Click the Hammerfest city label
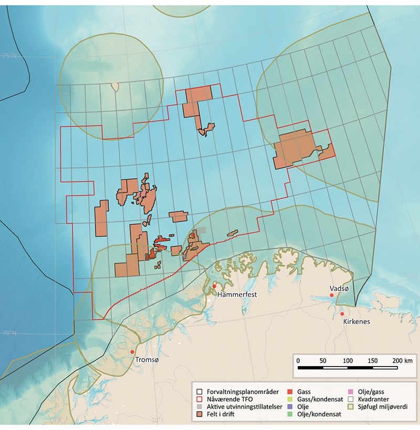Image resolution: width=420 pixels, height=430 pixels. pyautogui.click(x=237, y=295)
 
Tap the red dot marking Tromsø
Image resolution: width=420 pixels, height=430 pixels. pyautogui.click(x=132, y=352)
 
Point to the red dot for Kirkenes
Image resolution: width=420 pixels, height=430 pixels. pyautogui.click(x=342, y=314)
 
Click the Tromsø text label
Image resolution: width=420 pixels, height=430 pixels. pyautogui.click(x=146, y=360)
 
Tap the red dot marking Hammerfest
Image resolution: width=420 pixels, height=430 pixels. pyautogui.click(x=215, y=286)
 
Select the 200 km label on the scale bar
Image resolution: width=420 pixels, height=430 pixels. pyautogui.click(x=402, y=360)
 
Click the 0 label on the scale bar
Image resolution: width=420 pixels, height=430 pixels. pyautogui.click(x=298, y=360)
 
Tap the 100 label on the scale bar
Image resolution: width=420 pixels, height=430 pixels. pyautogui.click(x=348, y=360)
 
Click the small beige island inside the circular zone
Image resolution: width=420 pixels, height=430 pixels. pyautogui.click(x=114, y=85)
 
